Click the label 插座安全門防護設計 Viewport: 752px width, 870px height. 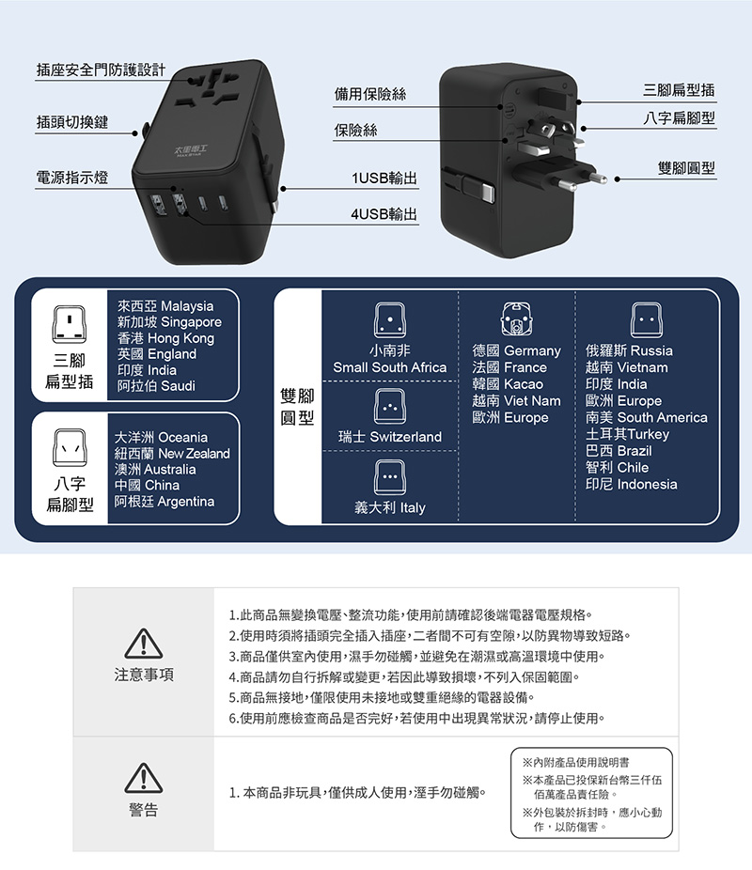pyautogui.click(x=101, y=70)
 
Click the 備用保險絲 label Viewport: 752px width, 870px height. pyautogui.click(x=370, y=94)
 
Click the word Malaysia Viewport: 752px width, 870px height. pyautogui.click(x=187, y=306)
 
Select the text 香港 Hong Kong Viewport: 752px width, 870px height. pyautogui.click(x=165, y=338)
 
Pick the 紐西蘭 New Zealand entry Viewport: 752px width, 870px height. pyautogui.click(x=172, y=454)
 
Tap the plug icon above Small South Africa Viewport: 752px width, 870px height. pyautogui.click(x=389, y=320)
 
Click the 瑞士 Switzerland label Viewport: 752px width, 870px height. pyautogui.click(x=389, y=438)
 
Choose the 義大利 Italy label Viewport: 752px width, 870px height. pyautogui.click(x=389, y=507)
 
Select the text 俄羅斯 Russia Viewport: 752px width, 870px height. pyautogui.click(x=629, y=350)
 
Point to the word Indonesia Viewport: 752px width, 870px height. pyautogui.click(x=647, y=484)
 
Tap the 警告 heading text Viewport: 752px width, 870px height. pyautogui.click(x=144, y=810)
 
